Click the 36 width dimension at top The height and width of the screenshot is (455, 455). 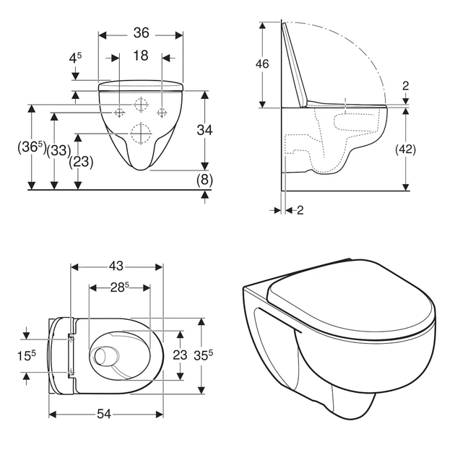(x=141, y=32)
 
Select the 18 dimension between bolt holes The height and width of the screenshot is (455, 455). (x=141, y=56)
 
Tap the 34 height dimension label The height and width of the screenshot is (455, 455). (x=204, y=130)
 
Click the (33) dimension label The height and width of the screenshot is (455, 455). (x=58, y=150)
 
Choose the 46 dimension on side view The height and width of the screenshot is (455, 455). (x=262, y=64)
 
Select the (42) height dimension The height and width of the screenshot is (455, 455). (x=405, y=149)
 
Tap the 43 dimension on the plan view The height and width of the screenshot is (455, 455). (x=116, y=266)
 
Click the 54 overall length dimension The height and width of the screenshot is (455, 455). (x=104, y=414)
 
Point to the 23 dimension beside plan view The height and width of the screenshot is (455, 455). (x=180, y=355)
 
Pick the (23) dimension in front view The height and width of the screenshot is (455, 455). (x=81, y=162)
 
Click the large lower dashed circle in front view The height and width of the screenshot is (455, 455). (x=141, y=133)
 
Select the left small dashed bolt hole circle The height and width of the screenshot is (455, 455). (x=119, y=112)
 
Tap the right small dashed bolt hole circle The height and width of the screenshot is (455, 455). (x=162, y=112)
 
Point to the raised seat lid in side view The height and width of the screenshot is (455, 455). (x=294, y=64)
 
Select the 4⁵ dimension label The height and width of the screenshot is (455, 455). (x=75, y=58)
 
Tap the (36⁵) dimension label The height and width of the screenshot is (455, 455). (x=32, y=147)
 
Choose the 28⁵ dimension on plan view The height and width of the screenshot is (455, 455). (x=120, y=287)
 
